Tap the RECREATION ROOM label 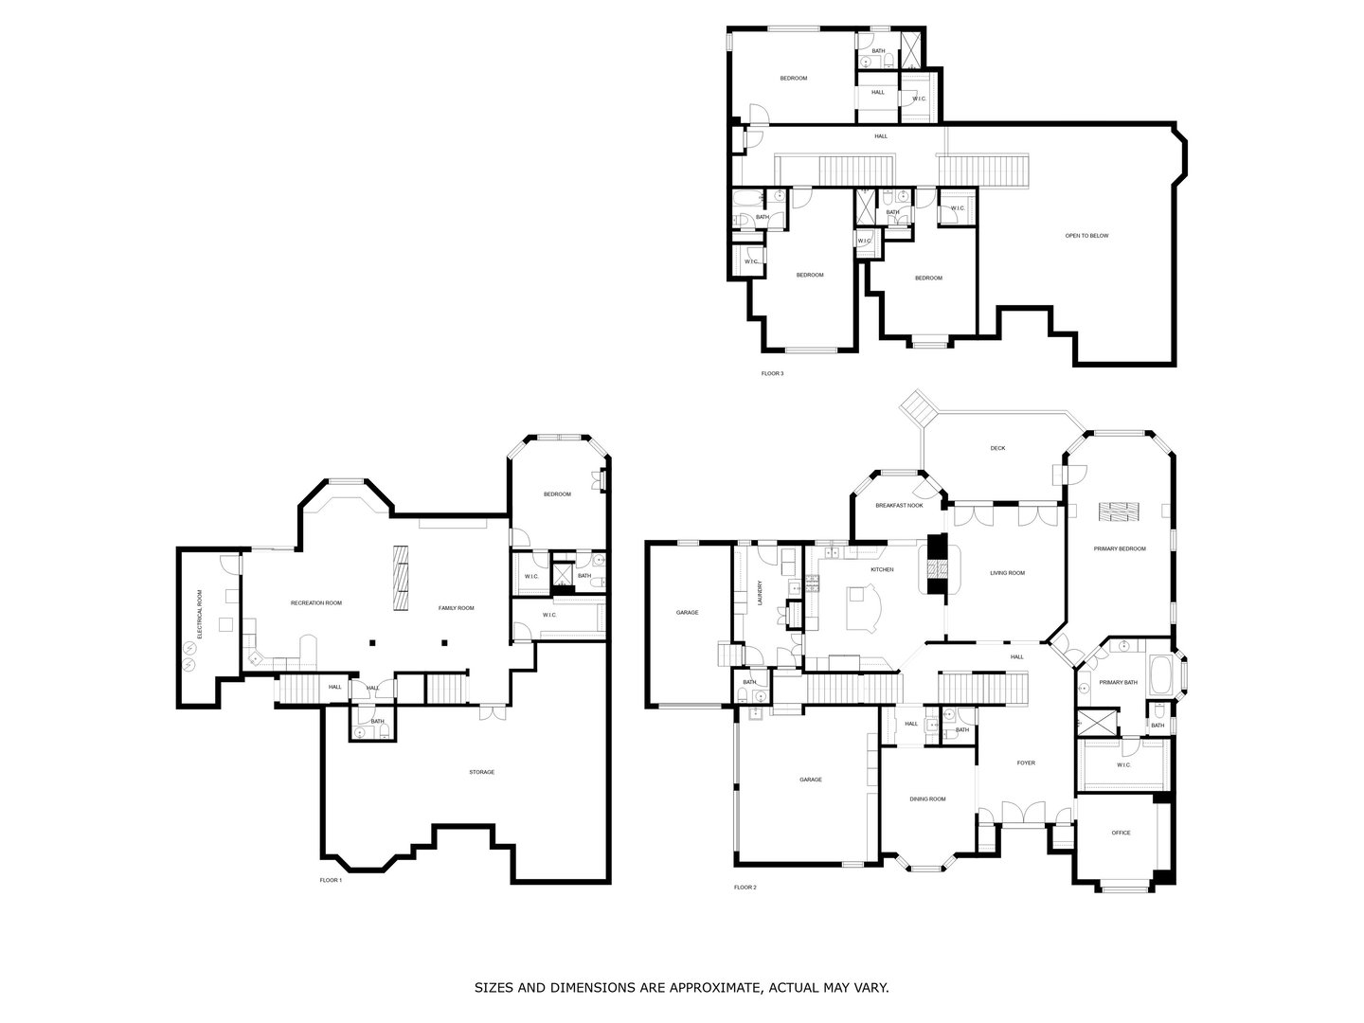click(315, 602)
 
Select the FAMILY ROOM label click(456, 607)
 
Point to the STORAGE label click(481, 772)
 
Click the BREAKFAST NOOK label click(899, 505)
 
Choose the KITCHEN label click(882, 569)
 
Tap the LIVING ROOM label click(1008, 572)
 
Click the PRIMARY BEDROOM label click(1120, 548)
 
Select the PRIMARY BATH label click(1118, 682)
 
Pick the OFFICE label click(1121, 833)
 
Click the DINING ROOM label click(927, 799)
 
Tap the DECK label click(997, 448)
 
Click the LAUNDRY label click(760, 592)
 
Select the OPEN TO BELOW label click(1086, 236)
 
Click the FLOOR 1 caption click(331, 880)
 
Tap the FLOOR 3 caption click(772, 373)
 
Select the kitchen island click(867, 606)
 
